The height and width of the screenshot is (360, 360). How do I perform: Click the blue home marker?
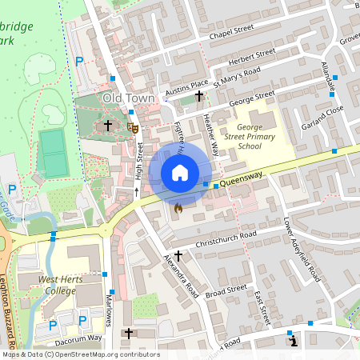tap(180, 172)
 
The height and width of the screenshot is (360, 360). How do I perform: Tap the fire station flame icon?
tap(178, 209)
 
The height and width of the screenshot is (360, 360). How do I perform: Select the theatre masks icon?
tap(134, 126)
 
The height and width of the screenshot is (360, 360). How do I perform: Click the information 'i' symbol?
tap(293, 342)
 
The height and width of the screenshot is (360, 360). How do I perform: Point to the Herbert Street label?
tap(251, 58)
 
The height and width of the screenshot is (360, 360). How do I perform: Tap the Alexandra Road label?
tap(181, 277)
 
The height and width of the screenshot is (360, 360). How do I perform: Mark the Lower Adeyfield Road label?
tap(302, 250)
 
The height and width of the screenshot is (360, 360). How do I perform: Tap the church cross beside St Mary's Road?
tap(199, 97)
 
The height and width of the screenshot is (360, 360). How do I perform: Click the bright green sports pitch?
tap(54, 153)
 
